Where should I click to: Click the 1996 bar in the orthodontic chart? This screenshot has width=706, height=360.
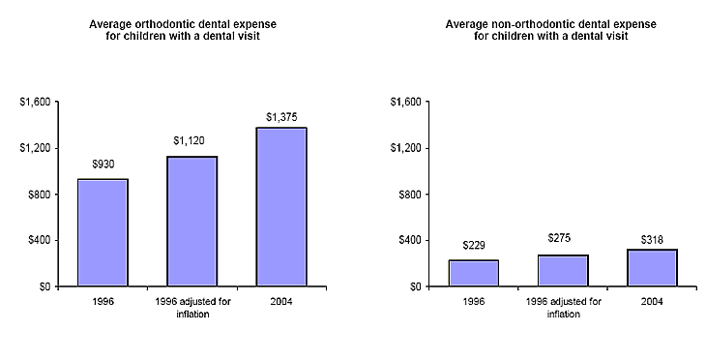(103, 232)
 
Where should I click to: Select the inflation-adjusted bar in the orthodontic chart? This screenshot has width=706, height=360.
(191, 222)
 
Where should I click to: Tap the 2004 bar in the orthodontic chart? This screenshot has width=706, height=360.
(280, 207)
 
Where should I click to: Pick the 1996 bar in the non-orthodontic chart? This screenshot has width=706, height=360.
(473, 273)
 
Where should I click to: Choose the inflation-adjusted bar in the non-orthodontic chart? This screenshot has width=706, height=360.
(562, 271)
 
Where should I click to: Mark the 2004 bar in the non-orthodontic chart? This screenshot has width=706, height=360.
(651, 268)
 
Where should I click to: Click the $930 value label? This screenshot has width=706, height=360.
(103, 165)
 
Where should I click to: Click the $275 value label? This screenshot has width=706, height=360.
(562, 237)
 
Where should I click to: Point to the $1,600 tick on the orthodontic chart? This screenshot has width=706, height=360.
(37, 102)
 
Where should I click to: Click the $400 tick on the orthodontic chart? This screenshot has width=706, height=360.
(41, 240)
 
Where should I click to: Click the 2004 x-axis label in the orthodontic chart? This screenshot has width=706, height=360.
(280, 301)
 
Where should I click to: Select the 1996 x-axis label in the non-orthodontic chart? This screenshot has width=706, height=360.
(473, 301)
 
